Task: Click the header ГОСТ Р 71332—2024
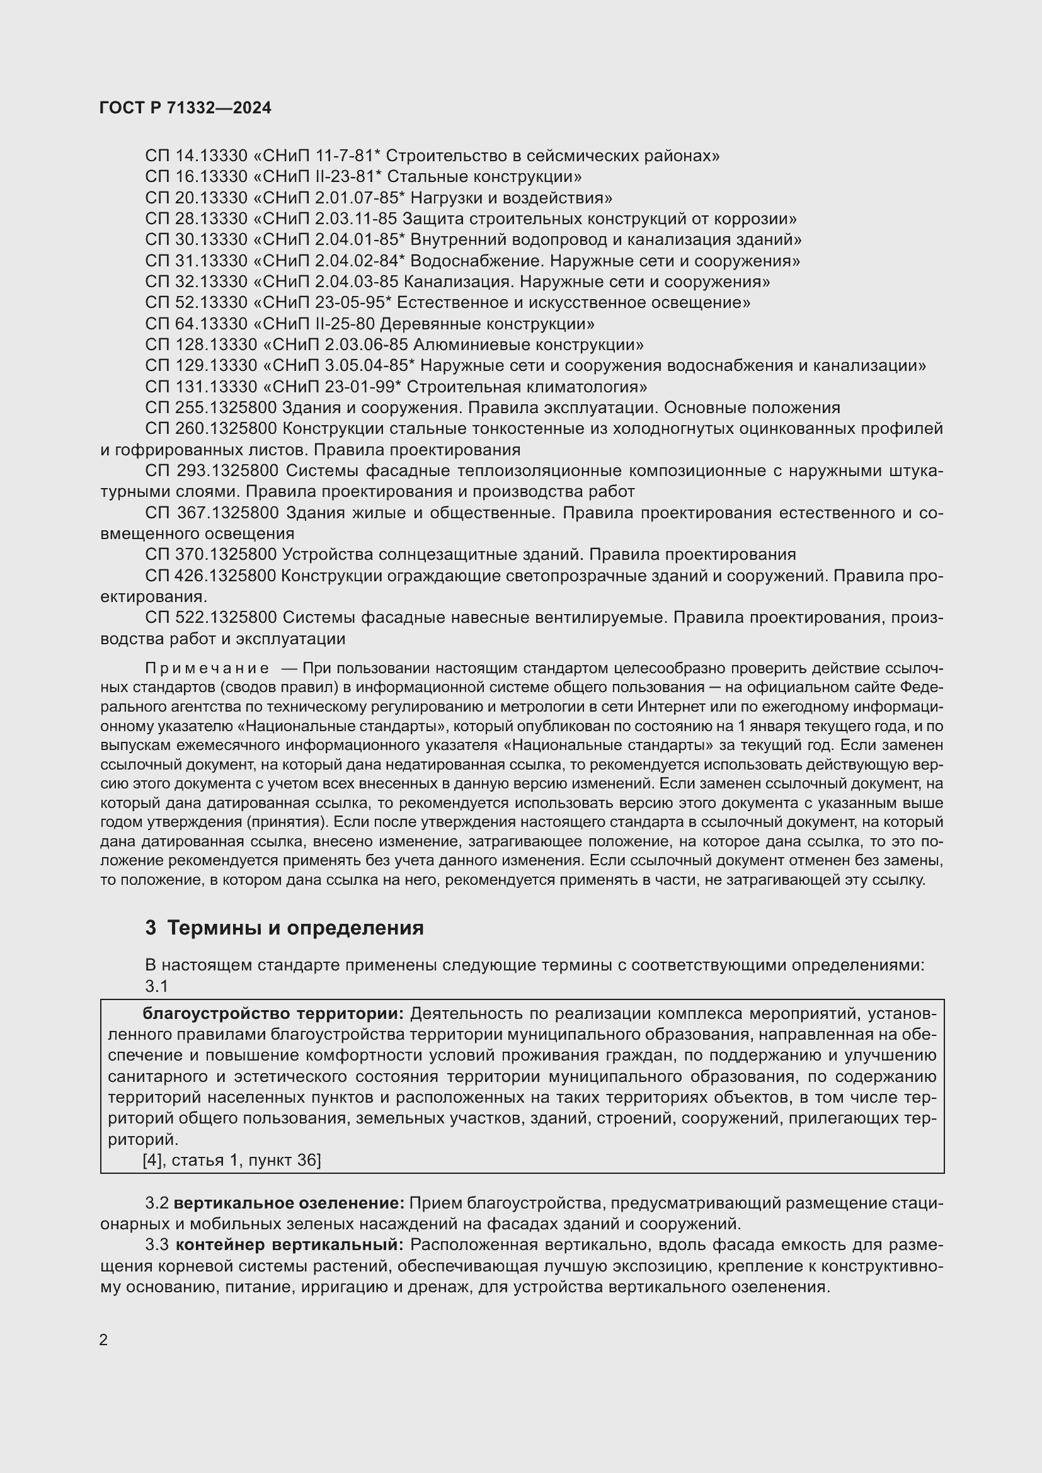coord(185,108)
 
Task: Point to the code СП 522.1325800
coord(211,618)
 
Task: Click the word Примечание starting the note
coord(207,669)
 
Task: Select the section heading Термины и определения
coord(295,928)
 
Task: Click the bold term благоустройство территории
coord(273,1014)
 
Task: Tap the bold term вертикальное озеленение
coord(289,1203)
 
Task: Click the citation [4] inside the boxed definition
coord(152,1160)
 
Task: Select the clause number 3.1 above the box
coord(157,986)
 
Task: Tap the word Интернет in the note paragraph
coord(663,707)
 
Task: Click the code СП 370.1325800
coord(211,554)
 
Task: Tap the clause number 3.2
coord(157,1203)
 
